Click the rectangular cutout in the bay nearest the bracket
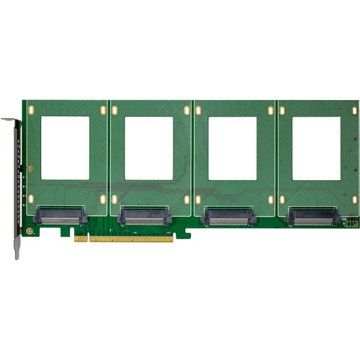pyautogui.click(x=66, y=148)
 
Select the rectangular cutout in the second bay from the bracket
pyautogui.click(x=148, y=148)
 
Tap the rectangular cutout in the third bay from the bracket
pyautogui.click(x=232, y=148)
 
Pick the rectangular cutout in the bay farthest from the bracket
pyautogui.click(x=316, y=148)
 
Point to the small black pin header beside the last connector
pyautogui.click(x=351, y=223)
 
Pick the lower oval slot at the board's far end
pyautogui.click(x=354, y=199)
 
